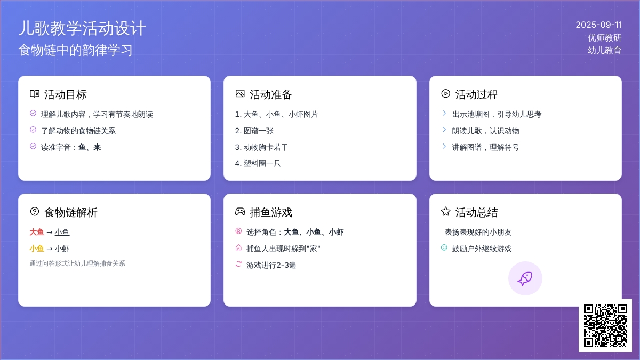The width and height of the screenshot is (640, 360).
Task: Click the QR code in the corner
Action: (x=605, y=325)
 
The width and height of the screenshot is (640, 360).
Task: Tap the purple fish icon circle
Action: (x=525, y=278)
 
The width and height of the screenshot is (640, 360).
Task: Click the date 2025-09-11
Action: (x=598, y=25)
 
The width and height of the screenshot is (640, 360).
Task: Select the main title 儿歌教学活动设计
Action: (x=82, y=28)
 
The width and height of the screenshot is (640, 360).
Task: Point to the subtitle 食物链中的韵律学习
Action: (x=75, y=50)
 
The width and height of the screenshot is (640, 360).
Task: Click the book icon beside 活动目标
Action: (x=35, y=94)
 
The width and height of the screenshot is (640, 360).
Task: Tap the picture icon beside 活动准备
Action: (x=240, y=94)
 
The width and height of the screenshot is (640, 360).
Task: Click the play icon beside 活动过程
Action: (x=445, y=94)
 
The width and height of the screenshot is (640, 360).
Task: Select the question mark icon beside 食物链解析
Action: (x=35, y=211)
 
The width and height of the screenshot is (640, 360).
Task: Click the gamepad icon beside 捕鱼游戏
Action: (x=240, y=211)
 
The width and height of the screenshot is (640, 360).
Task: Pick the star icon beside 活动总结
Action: (x=445, y=211)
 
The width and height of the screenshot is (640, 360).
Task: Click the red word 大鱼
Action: (x=37, y=232)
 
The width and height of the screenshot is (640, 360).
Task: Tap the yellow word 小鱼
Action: (x=37, y=249)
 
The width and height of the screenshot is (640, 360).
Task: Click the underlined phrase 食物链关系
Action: (x=97, y=131)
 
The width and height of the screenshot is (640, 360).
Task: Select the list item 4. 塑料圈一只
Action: (x=258, y=163)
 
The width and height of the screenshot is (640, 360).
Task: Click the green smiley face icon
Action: (x=444, y=247)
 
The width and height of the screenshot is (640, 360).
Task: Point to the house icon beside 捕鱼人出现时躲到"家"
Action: (x=238, y=247)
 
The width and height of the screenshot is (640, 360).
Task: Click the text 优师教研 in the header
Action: (x=605, y=38)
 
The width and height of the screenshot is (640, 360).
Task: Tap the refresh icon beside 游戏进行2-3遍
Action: (x=238, y=264)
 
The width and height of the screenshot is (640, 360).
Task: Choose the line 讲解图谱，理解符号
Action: (x=485, y=147)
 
